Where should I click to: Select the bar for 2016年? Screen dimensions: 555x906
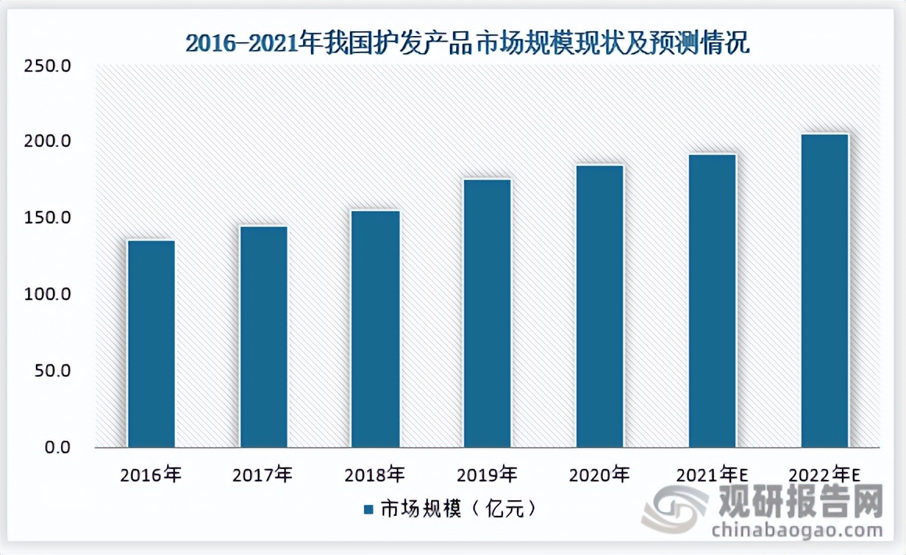[x=152, y=344]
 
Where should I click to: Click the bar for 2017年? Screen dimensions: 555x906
[x=264, y=337]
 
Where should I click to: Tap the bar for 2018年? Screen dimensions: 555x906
[x=376, y=329]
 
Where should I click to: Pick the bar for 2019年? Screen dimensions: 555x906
[x=487, y=313]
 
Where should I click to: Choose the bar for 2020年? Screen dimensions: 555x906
[x=600, y=306]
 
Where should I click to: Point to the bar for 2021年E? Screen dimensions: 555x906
[x=712, y=301]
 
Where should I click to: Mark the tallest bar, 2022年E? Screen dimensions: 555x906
[x=824, y=291]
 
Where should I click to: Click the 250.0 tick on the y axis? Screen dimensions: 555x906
[x=49, y=66]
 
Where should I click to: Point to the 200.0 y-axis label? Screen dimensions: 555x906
[x=49, y=142]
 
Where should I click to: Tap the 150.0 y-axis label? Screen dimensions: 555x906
[x=49, y=218]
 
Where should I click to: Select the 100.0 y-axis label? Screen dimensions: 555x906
[x=49, y=295]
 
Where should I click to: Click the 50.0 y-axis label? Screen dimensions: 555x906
[x=53, y=371]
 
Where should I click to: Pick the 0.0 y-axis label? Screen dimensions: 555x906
[x=57, y=448]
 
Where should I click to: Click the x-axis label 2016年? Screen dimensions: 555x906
[x=152, y=474]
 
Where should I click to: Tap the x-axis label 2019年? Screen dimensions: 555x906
[x=487, y=474]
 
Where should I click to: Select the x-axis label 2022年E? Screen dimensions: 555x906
[x=824, y=474]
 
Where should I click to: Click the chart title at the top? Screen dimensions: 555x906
[x=467, y=43]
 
